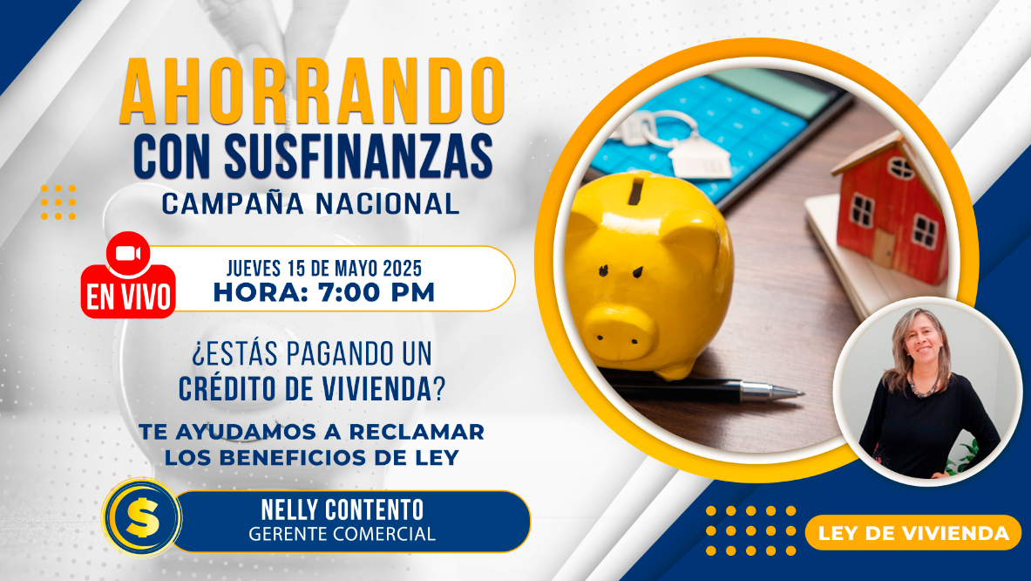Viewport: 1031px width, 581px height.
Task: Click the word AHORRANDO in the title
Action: click(312, 91)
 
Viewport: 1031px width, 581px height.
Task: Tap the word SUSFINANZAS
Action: click(358, 156)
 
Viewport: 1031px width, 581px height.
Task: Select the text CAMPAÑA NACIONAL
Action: click(310, 204)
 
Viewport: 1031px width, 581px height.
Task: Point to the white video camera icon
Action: click(128, 254)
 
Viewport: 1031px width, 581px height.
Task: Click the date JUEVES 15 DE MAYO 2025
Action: click(324, 269)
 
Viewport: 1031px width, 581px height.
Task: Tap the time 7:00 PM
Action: click(376, 293)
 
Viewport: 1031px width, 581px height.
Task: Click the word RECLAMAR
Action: click(417, 432)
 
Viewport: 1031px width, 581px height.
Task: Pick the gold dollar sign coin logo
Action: click(142, 518)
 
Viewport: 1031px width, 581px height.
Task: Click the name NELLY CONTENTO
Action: click(342, 510)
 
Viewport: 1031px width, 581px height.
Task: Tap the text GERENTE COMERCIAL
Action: click(342, 534)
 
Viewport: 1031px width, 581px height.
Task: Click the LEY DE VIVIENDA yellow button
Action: click(913, 532)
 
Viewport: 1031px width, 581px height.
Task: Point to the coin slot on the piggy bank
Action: click(635, 191)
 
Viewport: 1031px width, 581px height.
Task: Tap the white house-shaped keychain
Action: click(700, 158)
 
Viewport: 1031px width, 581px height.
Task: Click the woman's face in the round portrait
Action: click(924, 344)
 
